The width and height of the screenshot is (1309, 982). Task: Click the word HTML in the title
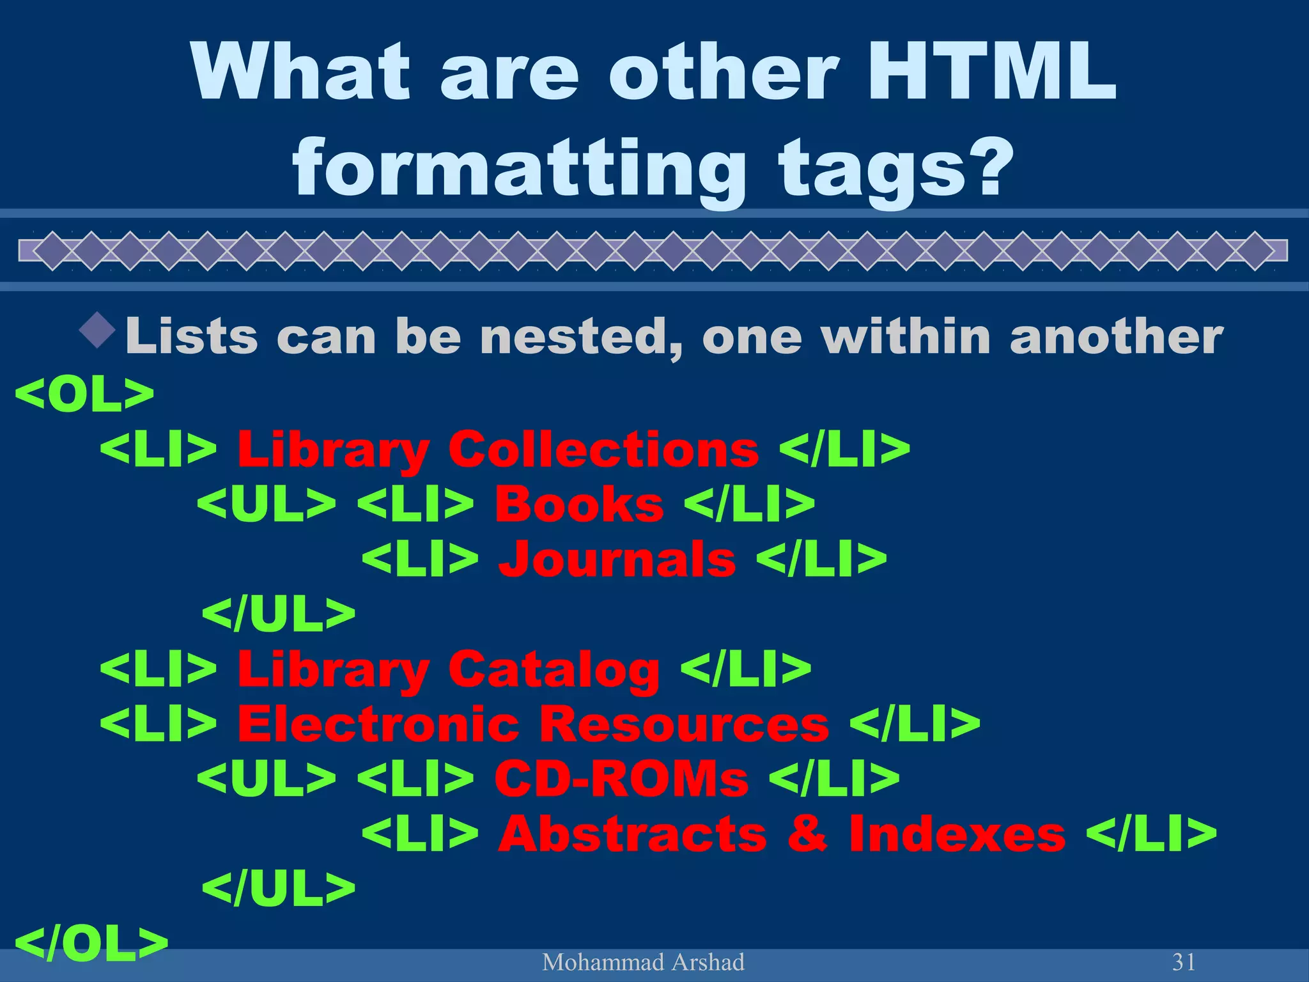point(991,72)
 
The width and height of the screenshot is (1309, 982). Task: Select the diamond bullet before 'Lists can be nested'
point(98,330)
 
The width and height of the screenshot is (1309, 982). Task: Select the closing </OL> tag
point(91,944)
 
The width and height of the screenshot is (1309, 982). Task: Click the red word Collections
point(604,449)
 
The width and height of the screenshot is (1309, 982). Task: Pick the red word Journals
point(617,559)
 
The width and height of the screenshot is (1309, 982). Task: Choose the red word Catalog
point(554,669)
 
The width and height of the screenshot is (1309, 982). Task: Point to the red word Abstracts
point(633,834)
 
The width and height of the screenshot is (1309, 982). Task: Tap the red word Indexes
point(957,834)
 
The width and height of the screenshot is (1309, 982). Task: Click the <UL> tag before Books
point(267,504)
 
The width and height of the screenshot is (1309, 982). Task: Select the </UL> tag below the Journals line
point(279,614)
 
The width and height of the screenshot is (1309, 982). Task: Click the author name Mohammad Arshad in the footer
point(643,962)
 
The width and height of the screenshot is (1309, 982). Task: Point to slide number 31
point(1184,962)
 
